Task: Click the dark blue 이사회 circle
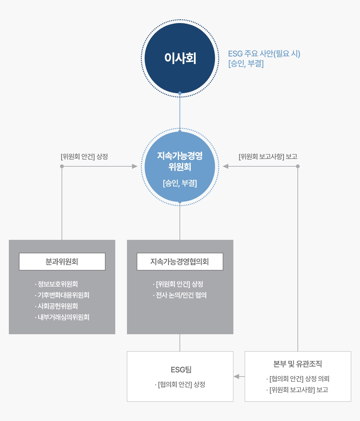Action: [180, 58]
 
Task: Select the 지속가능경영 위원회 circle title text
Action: [180, 161]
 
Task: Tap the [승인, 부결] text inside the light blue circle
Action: [180, 183]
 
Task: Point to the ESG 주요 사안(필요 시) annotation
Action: [264, 54]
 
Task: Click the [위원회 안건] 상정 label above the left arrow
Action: [84, 157]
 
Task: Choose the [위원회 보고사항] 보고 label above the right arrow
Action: [268, 157]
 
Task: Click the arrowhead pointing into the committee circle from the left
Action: [135, 166]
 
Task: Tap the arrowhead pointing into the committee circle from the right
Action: [225, 166]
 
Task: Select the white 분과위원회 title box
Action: [62, 262]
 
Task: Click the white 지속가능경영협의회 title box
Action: [180, 262]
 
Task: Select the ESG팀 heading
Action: [181, 370]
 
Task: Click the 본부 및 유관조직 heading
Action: [297, 364]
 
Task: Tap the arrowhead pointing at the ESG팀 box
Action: [237, 377]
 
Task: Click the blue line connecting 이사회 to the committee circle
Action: [180, 112]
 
